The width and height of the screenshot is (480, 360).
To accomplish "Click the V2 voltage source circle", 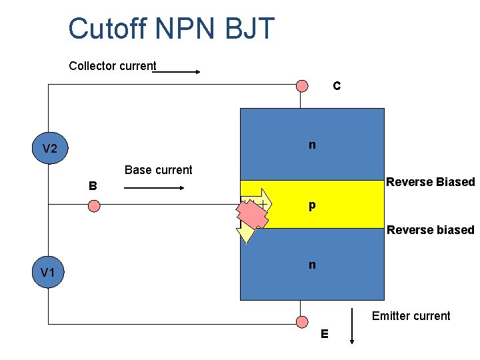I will click(49, 149).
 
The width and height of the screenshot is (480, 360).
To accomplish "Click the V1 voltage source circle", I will click(47, 272).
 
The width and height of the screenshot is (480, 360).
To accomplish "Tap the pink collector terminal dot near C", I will click(302, 85).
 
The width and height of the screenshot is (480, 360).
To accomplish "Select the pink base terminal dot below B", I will click(95, 206).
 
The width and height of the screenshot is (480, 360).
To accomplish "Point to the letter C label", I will click(337, 86).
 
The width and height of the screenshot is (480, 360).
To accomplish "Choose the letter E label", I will click(324, 334).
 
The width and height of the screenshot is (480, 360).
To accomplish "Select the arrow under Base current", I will click(153, 189).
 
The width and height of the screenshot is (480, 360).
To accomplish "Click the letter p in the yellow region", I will click(312, 206).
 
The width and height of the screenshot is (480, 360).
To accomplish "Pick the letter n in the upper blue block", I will click(312, 145).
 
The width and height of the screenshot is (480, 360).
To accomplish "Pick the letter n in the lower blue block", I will click(312, 265).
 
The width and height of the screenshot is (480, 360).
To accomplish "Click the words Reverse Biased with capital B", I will click(431, 182).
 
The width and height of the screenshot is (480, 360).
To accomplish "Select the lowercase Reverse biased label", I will click(431, 230).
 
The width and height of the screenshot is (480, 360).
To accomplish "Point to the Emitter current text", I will click(411, 316).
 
